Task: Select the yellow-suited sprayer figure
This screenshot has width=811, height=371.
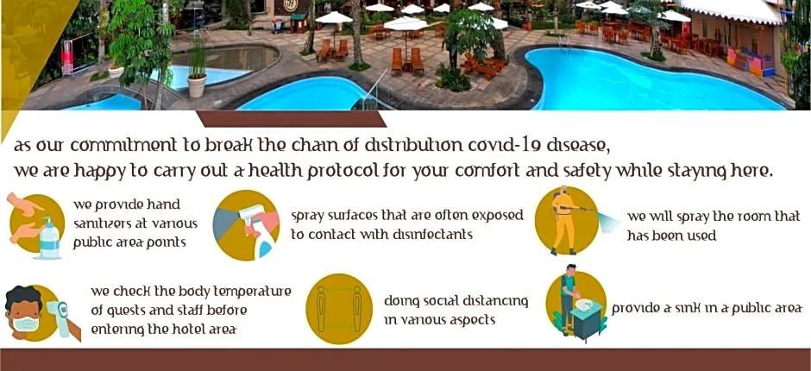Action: [563, 220]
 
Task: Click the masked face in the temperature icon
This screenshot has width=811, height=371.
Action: [23, 312]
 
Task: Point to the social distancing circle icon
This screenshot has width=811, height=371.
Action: [339, 309]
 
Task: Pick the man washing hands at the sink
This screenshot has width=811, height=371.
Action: [569, 299]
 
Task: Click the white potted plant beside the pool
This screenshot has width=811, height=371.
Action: [197, 85]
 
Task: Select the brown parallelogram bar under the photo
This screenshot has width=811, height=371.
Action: [292, 118]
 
